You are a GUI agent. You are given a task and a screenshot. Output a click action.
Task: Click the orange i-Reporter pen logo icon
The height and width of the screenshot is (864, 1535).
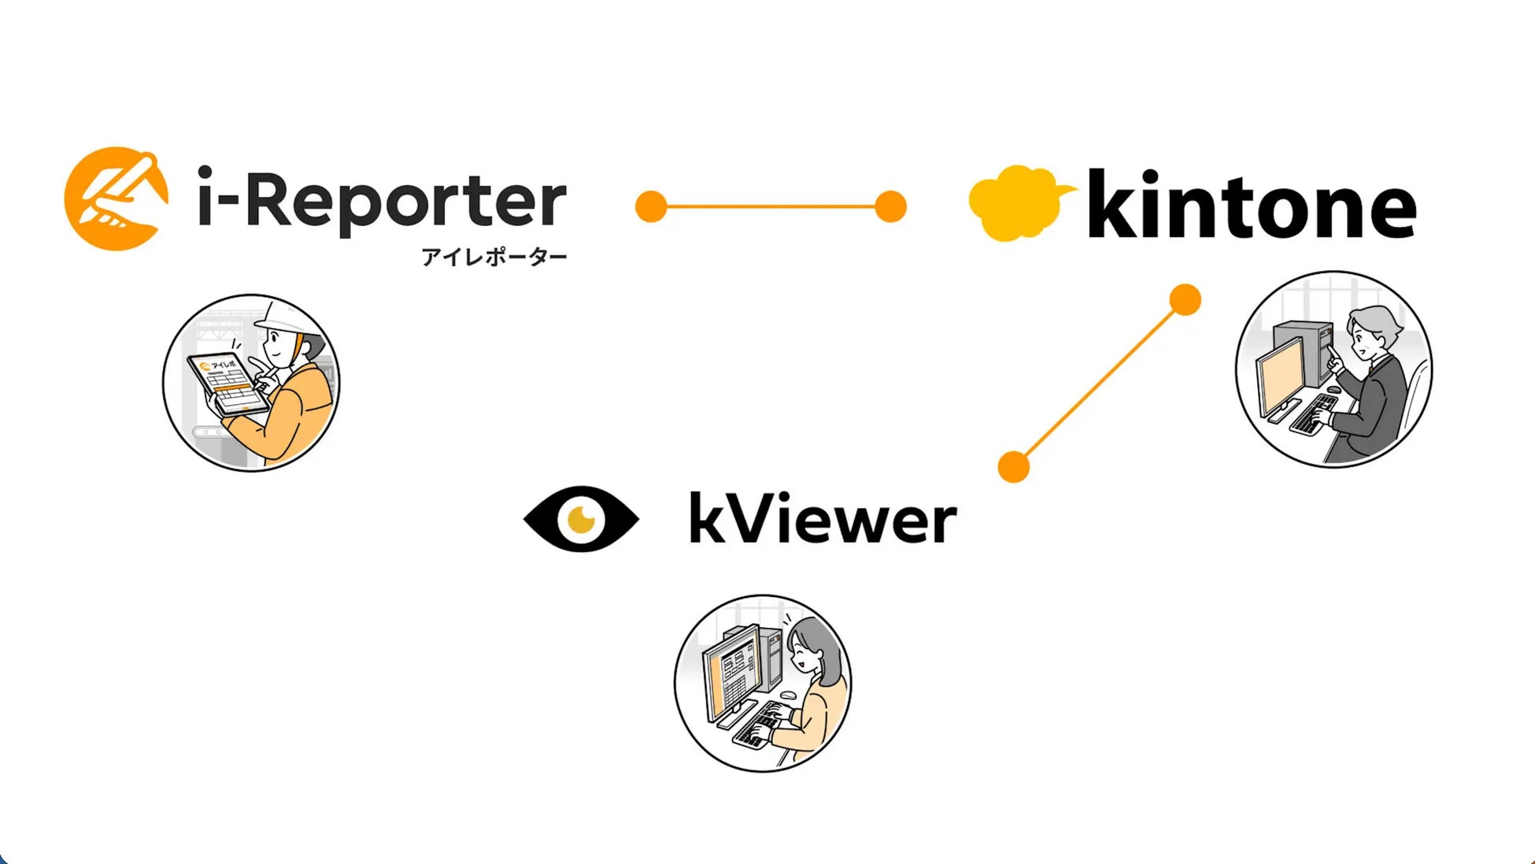coord(117,198)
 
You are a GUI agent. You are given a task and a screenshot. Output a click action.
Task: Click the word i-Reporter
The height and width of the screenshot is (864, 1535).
coord(382,200)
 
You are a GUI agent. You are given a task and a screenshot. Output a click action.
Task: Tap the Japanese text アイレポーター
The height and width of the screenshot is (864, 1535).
coord(494,258)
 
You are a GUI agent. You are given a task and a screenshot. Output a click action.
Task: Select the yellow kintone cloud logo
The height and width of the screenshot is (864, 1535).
coord(1018,203)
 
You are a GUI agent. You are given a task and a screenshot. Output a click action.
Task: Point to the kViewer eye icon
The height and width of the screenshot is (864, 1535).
coord(581,519)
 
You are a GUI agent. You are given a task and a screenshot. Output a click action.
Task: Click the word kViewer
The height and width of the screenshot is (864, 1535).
coord(823,519)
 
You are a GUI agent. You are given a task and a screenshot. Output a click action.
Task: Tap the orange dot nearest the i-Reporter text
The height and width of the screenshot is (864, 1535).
coord(651,206)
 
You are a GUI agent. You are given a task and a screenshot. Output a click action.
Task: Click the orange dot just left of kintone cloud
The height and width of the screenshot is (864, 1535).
coord(890,206)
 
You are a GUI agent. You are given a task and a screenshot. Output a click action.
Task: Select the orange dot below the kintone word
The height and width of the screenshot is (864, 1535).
coord(1185,300)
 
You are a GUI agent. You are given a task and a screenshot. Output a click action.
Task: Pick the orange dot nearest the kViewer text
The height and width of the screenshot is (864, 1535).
coord(1014,466)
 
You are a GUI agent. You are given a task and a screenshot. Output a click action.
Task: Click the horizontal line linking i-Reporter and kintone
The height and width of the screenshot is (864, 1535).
coord(771,206)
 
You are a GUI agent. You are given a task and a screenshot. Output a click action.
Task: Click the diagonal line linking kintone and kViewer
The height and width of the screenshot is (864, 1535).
coord(1100,384)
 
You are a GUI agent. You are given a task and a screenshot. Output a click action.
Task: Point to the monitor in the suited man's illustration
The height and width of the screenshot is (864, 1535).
coord(1279,374)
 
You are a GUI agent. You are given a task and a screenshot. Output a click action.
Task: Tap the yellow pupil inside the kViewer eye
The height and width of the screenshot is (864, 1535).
coord(581,519)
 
